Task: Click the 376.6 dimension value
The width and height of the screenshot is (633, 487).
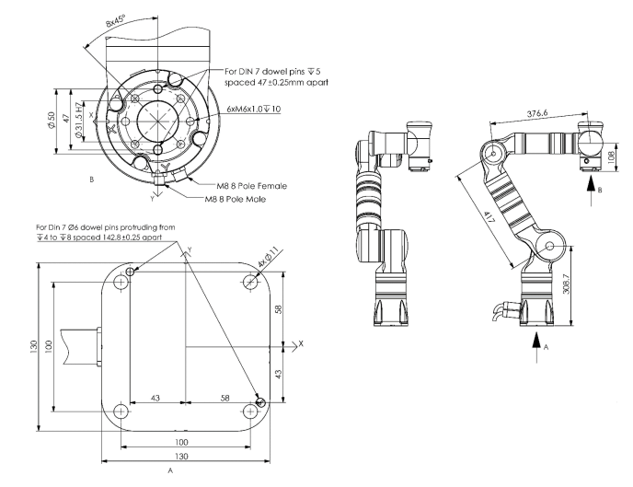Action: pos(537,113)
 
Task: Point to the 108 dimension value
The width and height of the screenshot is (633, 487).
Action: pos(611,156)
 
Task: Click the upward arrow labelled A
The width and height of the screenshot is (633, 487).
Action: pos(536,348)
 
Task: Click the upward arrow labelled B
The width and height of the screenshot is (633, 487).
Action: pos(591,191)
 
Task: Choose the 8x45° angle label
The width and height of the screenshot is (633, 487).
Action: pos(116,20)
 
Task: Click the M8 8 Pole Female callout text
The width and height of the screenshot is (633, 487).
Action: pos(252,186)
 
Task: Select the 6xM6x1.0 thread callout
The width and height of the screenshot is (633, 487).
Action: pos(254,109)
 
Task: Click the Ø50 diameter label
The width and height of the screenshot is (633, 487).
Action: pos(52,121)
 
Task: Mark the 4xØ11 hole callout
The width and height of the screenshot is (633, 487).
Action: pos(269,258)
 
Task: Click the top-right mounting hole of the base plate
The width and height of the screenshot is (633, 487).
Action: pos(250,282)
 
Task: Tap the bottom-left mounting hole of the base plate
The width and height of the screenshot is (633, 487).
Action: pos(121,412)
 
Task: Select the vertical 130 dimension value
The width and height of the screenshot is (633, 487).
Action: pos(33,347)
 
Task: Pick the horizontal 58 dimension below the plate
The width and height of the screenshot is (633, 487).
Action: pos(224,398)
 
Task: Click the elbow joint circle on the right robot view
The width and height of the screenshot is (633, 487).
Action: pos(493,153)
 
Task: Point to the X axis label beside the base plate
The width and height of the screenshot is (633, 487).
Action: pos(300,343)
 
